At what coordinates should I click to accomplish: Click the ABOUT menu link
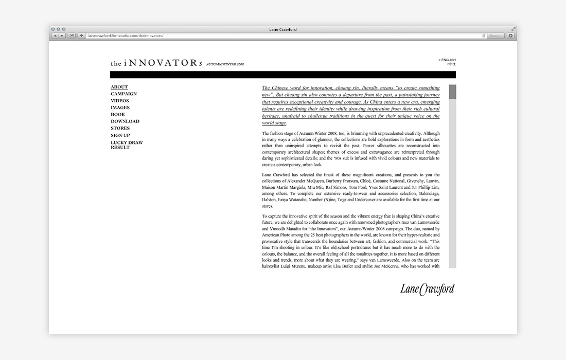pos(119,87)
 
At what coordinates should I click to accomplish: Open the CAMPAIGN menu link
pos(123,94)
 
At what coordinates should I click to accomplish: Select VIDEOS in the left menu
pos(120,101)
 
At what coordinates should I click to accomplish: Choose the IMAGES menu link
pos(120,107)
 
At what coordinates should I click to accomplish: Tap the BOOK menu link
pos(118,114)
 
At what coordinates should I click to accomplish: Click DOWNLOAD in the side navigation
pos(125,121)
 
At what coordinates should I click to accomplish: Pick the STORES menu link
pos(120,128)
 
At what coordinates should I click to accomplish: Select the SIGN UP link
pos(120,135)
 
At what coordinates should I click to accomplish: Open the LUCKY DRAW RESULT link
pos(127,145)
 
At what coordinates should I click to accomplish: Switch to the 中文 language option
pos(451,64)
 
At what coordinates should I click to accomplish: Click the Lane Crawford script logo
pos(427,290)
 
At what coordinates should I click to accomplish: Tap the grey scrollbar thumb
pos(452,92)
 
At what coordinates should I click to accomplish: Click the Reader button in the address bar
pos(496,36)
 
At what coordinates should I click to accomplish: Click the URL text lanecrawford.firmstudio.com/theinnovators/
pos(126,36)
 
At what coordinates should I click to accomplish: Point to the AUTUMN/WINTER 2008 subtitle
pos(225,64)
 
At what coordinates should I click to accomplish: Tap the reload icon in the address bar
pos(484,36)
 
